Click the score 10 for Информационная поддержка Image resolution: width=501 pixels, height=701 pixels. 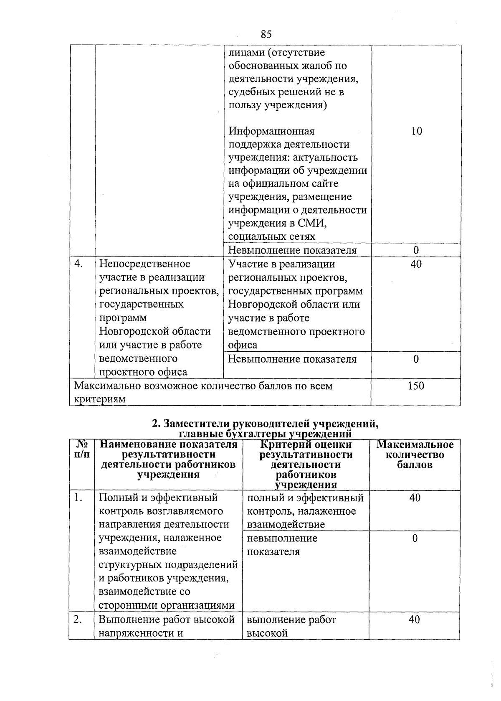416,131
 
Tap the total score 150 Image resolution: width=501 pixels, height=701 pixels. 416,386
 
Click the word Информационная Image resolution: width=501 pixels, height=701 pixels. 271,131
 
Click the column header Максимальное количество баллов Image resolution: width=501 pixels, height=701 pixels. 415,455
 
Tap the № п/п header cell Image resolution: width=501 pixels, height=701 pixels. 82,450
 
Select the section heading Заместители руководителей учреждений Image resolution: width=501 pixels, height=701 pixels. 266,424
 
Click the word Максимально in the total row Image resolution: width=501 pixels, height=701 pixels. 107,386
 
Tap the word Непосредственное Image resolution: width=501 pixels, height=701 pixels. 144,264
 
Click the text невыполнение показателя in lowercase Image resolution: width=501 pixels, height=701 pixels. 282,545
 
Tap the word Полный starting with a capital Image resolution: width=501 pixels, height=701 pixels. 115,498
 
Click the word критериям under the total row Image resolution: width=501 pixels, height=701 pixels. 99,399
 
